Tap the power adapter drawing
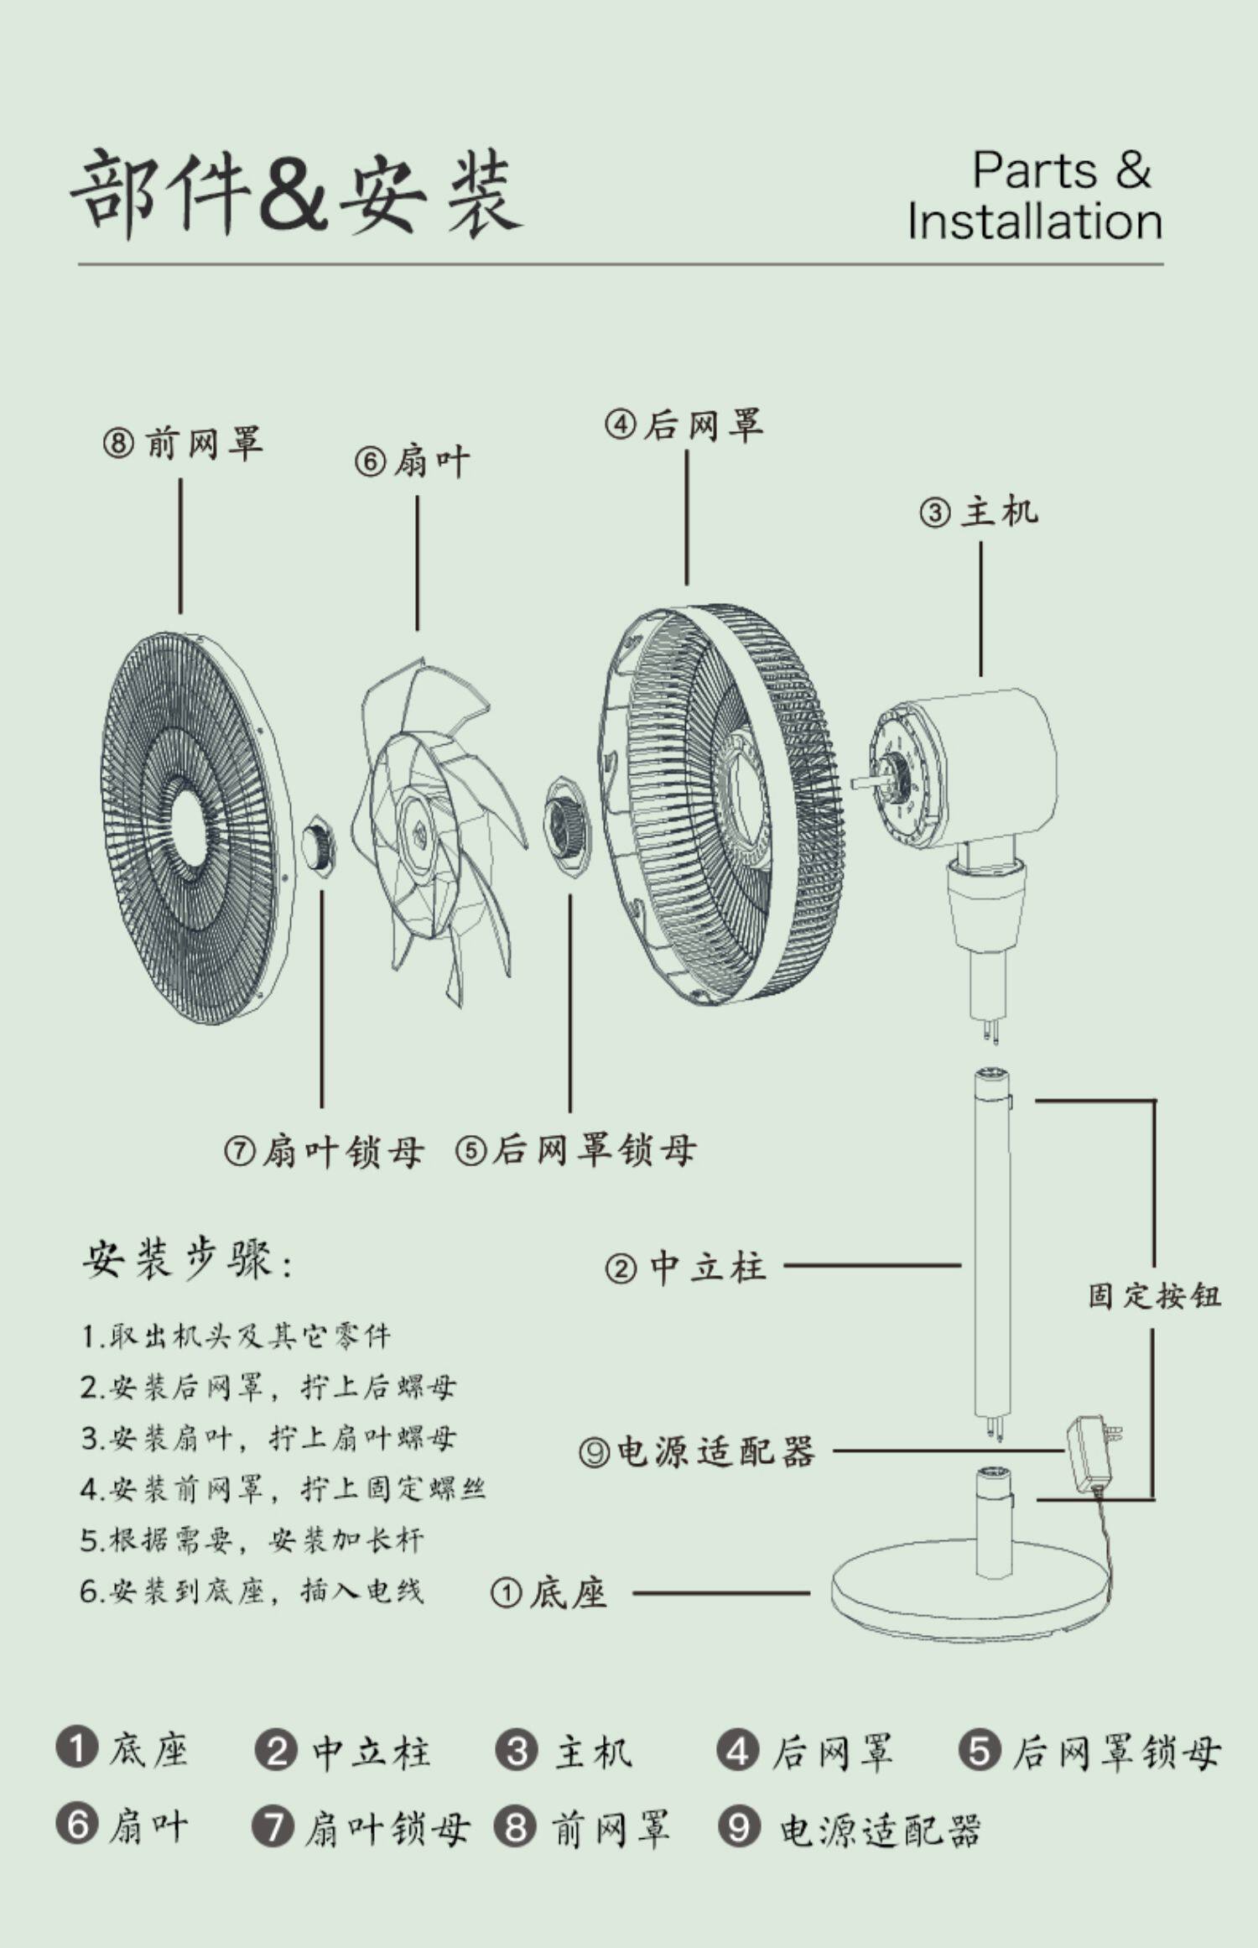pos(1090,1451)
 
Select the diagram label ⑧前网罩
pos(183,443)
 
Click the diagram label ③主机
pos(979,512)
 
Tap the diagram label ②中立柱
pos(685,1267)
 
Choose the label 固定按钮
pos(1154,1296)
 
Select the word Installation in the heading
pos(1034,221)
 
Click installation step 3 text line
pos(268,1438)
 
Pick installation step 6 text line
pos(252,1591)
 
